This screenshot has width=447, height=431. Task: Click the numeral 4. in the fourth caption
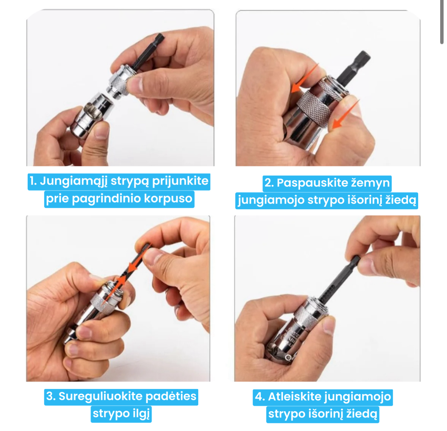point(260,397)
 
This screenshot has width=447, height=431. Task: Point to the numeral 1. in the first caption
point(33,181)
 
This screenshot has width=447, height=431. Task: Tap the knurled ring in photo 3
point(103,303)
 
